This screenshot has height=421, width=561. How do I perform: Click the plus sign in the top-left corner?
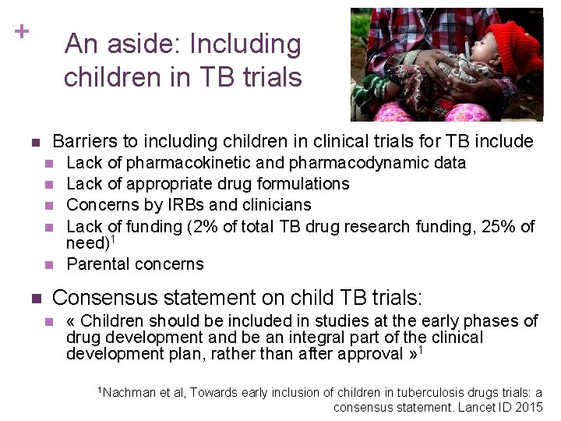(x=21, y=31)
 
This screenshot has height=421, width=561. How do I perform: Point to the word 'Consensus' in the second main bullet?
(x=100, y=298)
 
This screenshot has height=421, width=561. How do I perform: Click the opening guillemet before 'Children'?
(x=71, y=321)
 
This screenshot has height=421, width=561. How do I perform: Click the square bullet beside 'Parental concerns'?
(x=49, y=265)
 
